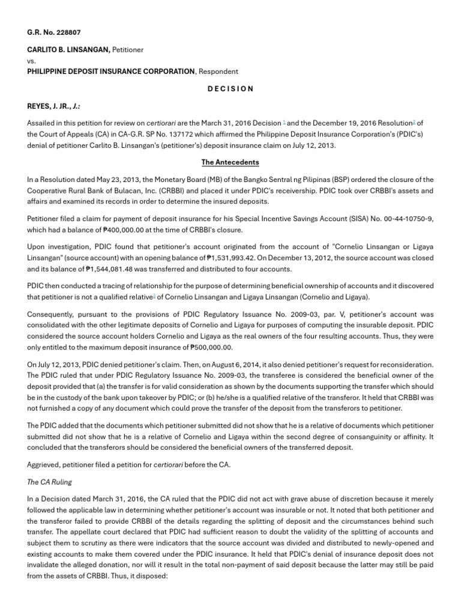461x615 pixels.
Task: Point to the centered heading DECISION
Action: [x=230, y=89]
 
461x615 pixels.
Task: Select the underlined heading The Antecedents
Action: [x=230, y=162]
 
